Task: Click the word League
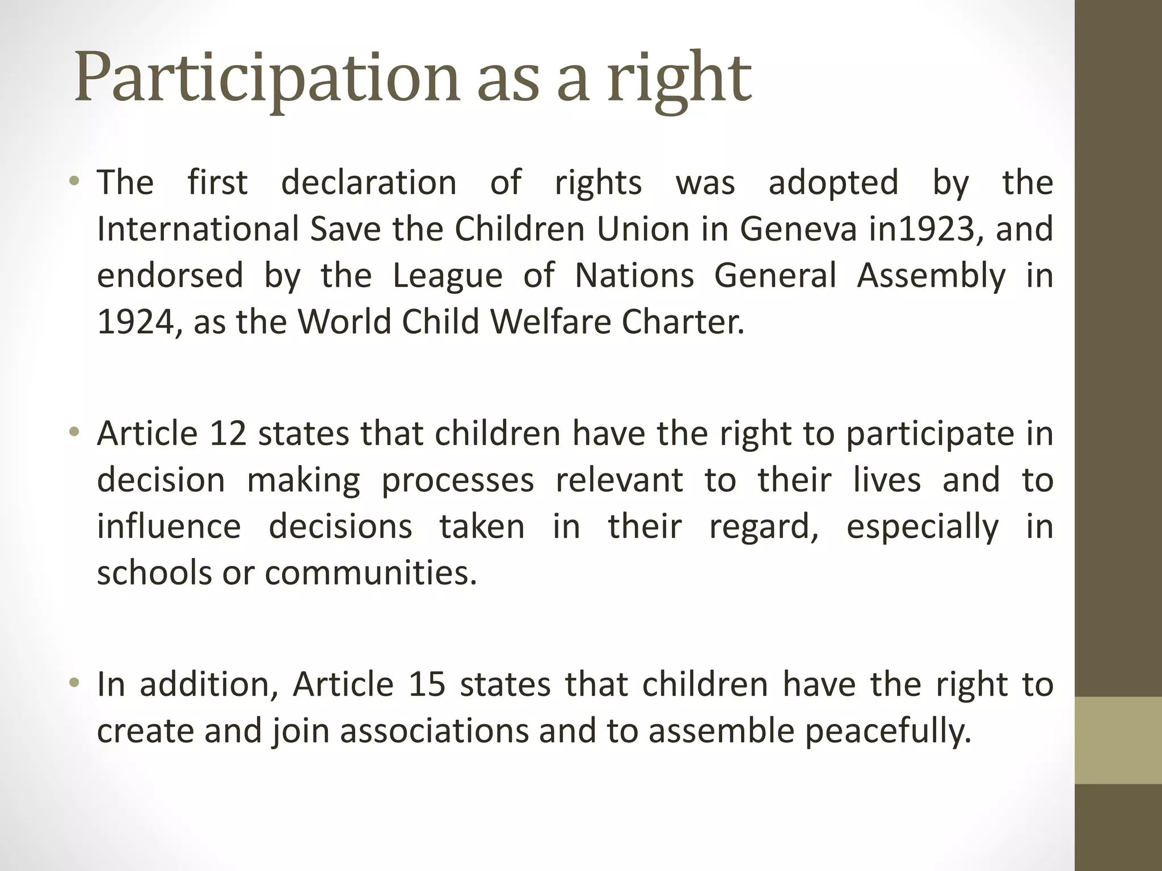tap(448, 276)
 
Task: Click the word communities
tap(371, 573)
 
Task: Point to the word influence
tap(169, 526)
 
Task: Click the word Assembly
tap(931, 276)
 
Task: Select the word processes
tap(457, 480)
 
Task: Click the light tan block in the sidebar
tap(1118, 740)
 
